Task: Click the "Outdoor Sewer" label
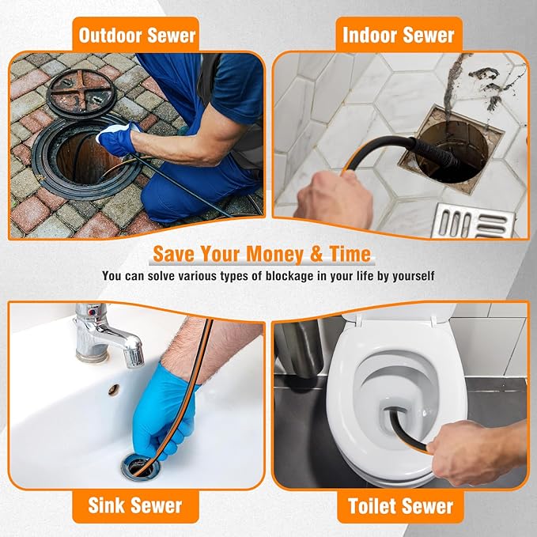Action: (x=136, y=35)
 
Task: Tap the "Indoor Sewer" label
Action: (x=399, y=35)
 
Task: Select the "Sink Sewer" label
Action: (x=136, y=505)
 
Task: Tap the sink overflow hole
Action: (x=114, y=390)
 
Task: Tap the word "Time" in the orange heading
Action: (x=343, y=255)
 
